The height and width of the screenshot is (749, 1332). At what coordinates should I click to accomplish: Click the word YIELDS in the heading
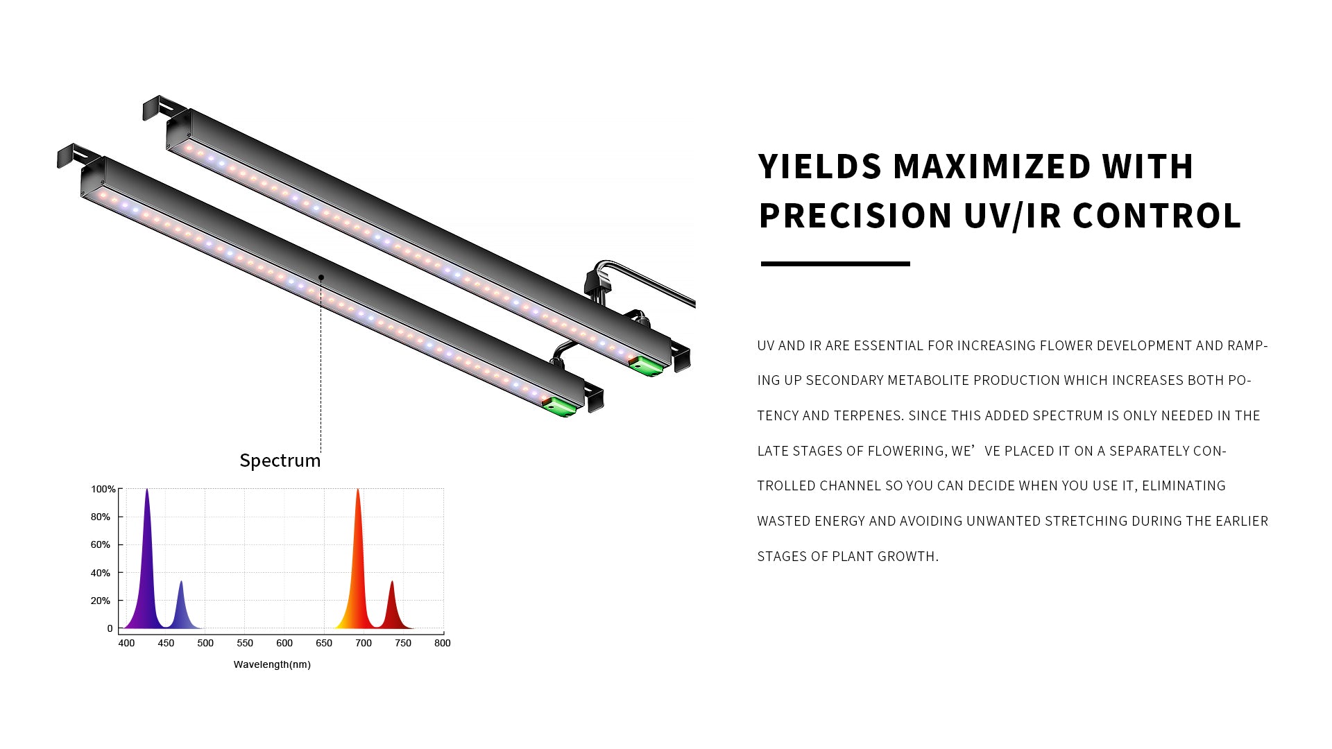(x=819, y=166)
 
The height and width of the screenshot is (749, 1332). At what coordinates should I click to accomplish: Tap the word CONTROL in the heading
(x=1156, y=216)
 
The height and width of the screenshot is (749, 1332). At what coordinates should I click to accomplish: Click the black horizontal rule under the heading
(x=835, y=264)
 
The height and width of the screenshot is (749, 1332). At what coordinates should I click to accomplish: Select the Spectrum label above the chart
(x=280, y=460)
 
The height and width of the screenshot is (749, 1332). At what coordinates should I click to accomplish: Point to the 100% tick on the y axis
(x=103, y=489)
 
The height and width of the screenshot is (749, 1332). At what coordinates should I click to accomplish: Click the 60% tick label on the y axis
(x=100, y=545)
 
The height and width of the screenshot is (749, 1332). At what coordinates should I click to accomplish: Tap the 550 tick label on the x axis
(x=245, y=643)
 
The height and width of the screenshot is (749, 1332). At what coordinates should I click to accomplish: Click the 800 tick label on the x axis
(x=443, y=643)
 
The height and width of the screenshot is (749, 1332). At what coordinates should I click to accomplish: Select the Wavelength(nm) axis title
(x=272, y=664)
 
